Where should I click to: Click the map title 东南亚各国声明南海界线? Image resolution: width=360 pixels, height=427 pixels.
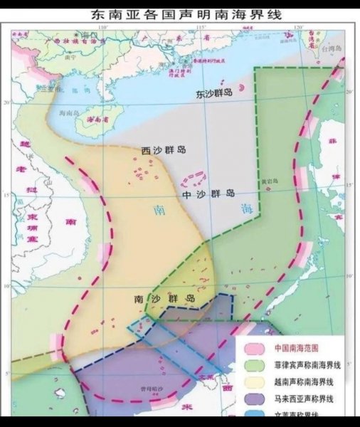pyautogui.click(x=180, y=14)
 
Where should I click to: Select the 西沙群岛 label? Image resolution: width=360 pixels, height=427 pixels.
pyautogui.click(x=163, y=150)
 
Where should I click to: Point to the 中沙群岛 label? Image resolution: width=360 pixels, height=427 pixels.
pyautogui.click(x=208, y=194)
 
